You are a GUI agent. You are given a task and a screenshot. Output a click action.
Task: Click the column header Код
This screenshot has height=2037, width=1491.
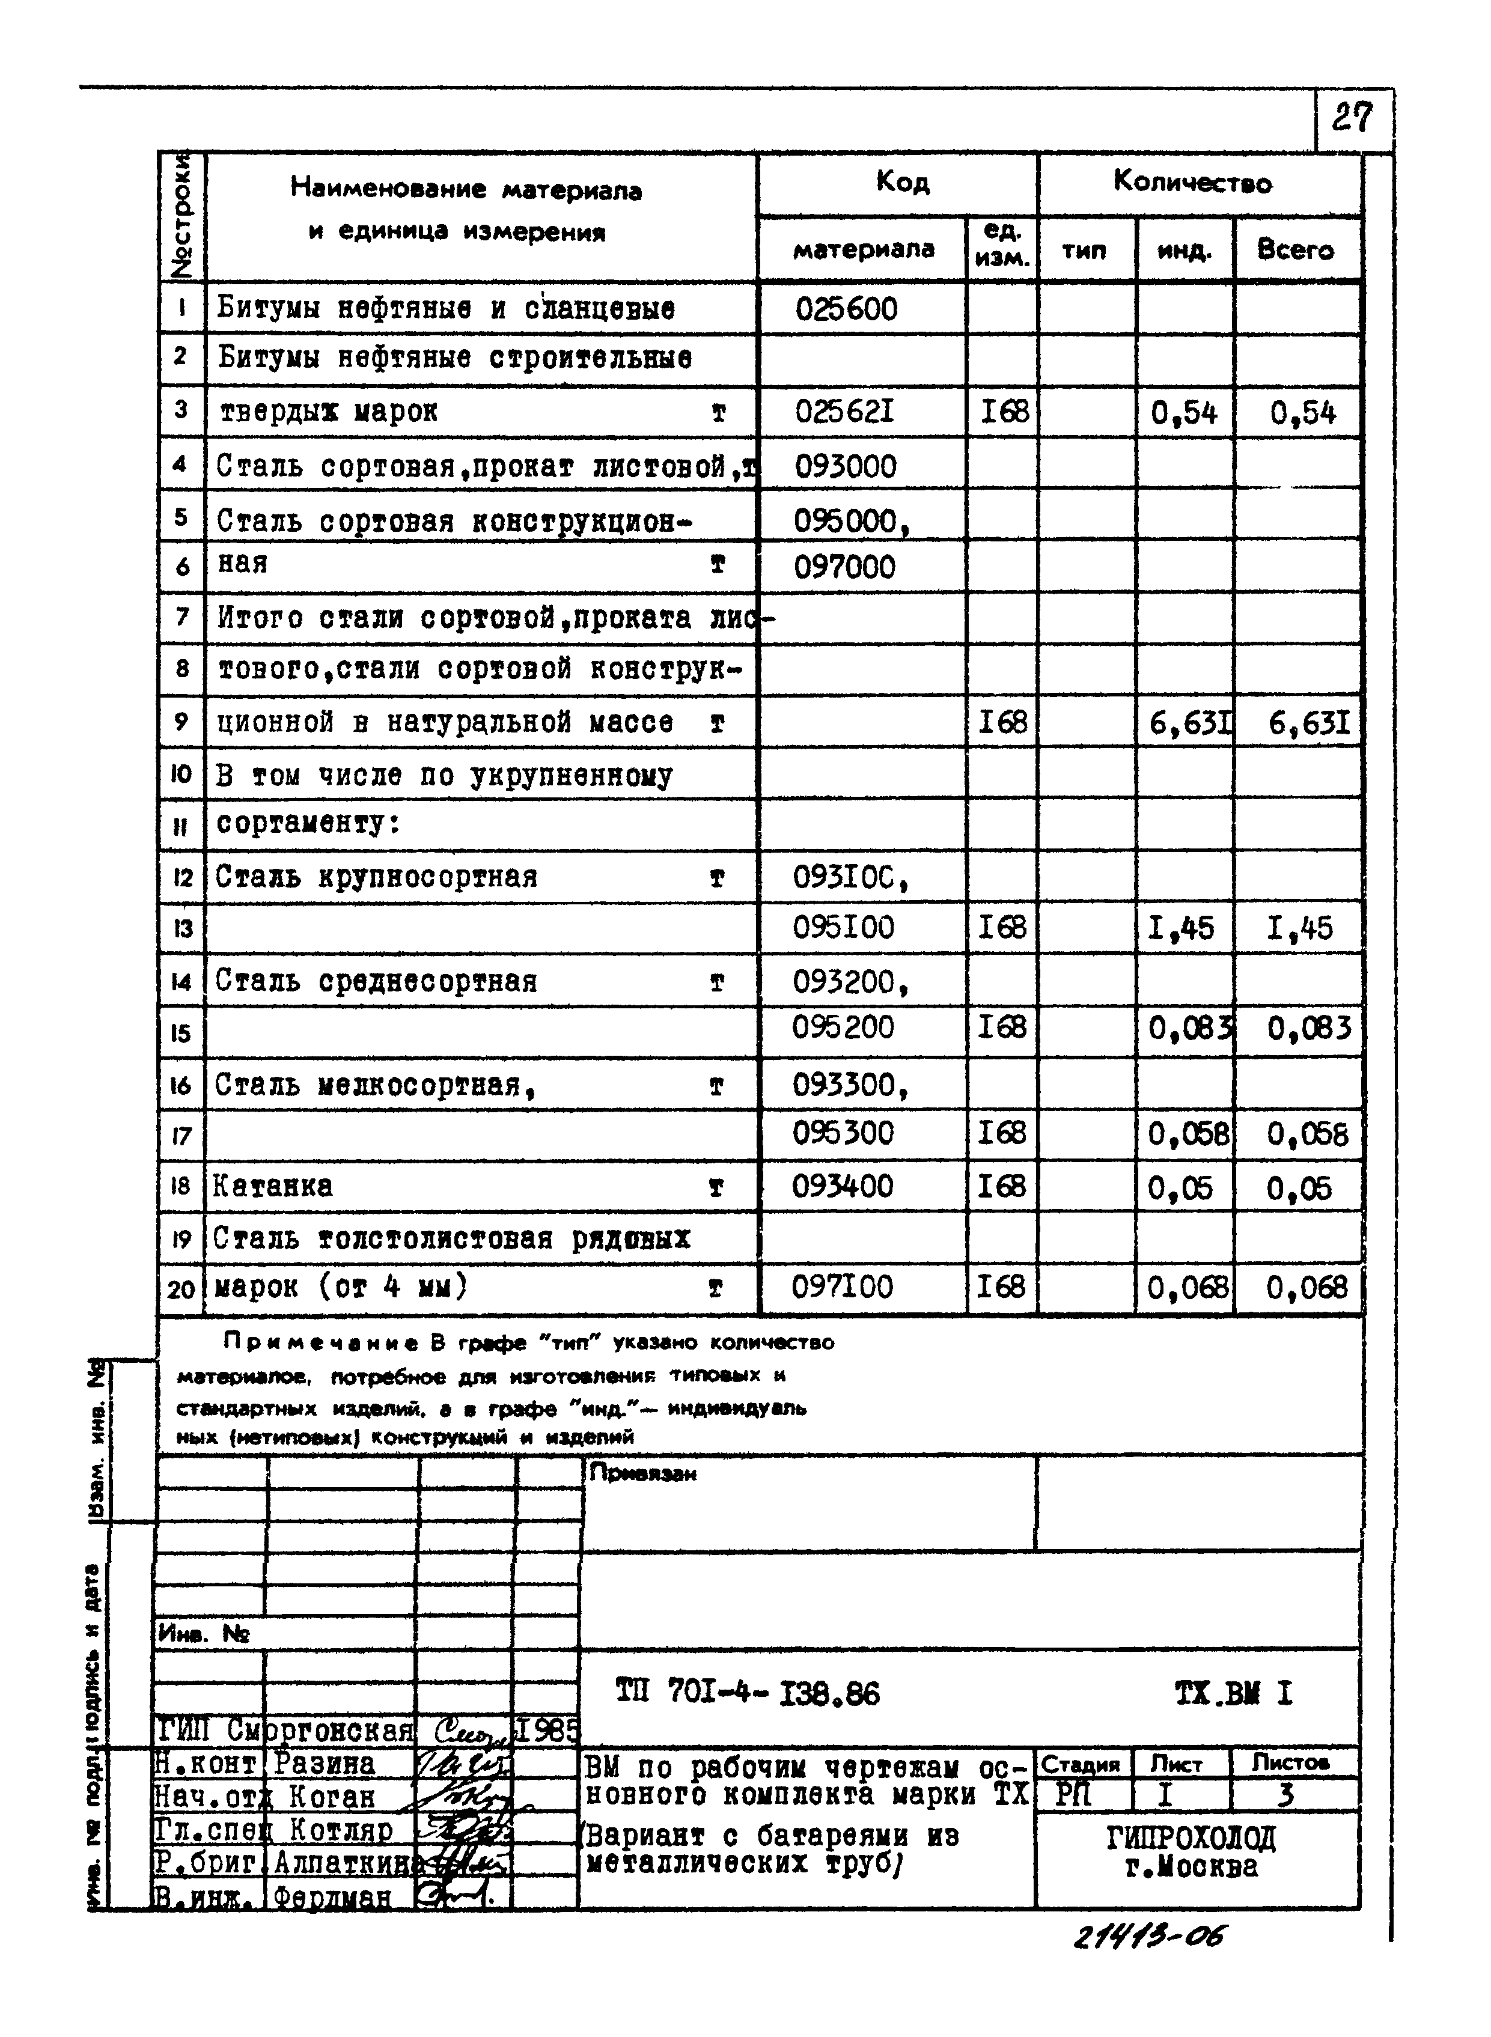[x=901, y=183]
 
